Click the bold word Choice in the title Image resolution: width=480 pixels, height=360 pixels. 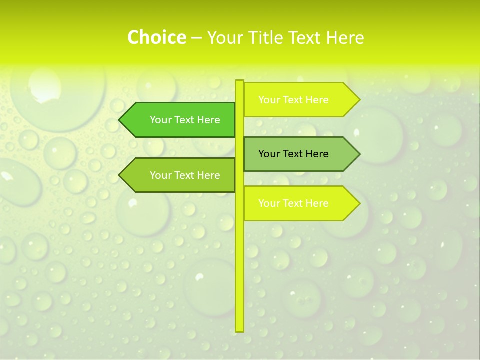tap(156, 38)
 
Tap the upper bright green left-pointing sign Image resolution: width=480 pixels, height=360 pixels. tap(180, 120)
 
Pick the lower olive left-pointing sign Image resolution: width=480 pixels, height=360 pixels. tap(180, 175)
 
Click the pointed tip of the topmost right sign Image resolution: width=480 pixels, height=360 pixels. tap(358, 100)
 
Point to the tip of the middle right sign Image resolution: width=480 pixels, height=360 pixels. tap(358, 154)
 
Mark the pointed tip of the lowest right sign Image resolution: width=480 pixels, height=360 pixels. tap(358, 203)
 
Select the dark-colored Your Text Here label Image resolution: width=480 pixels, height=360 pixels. tap(293, 154)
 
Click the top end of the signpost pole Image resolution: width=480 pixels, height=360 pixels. tap(239, 81)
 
